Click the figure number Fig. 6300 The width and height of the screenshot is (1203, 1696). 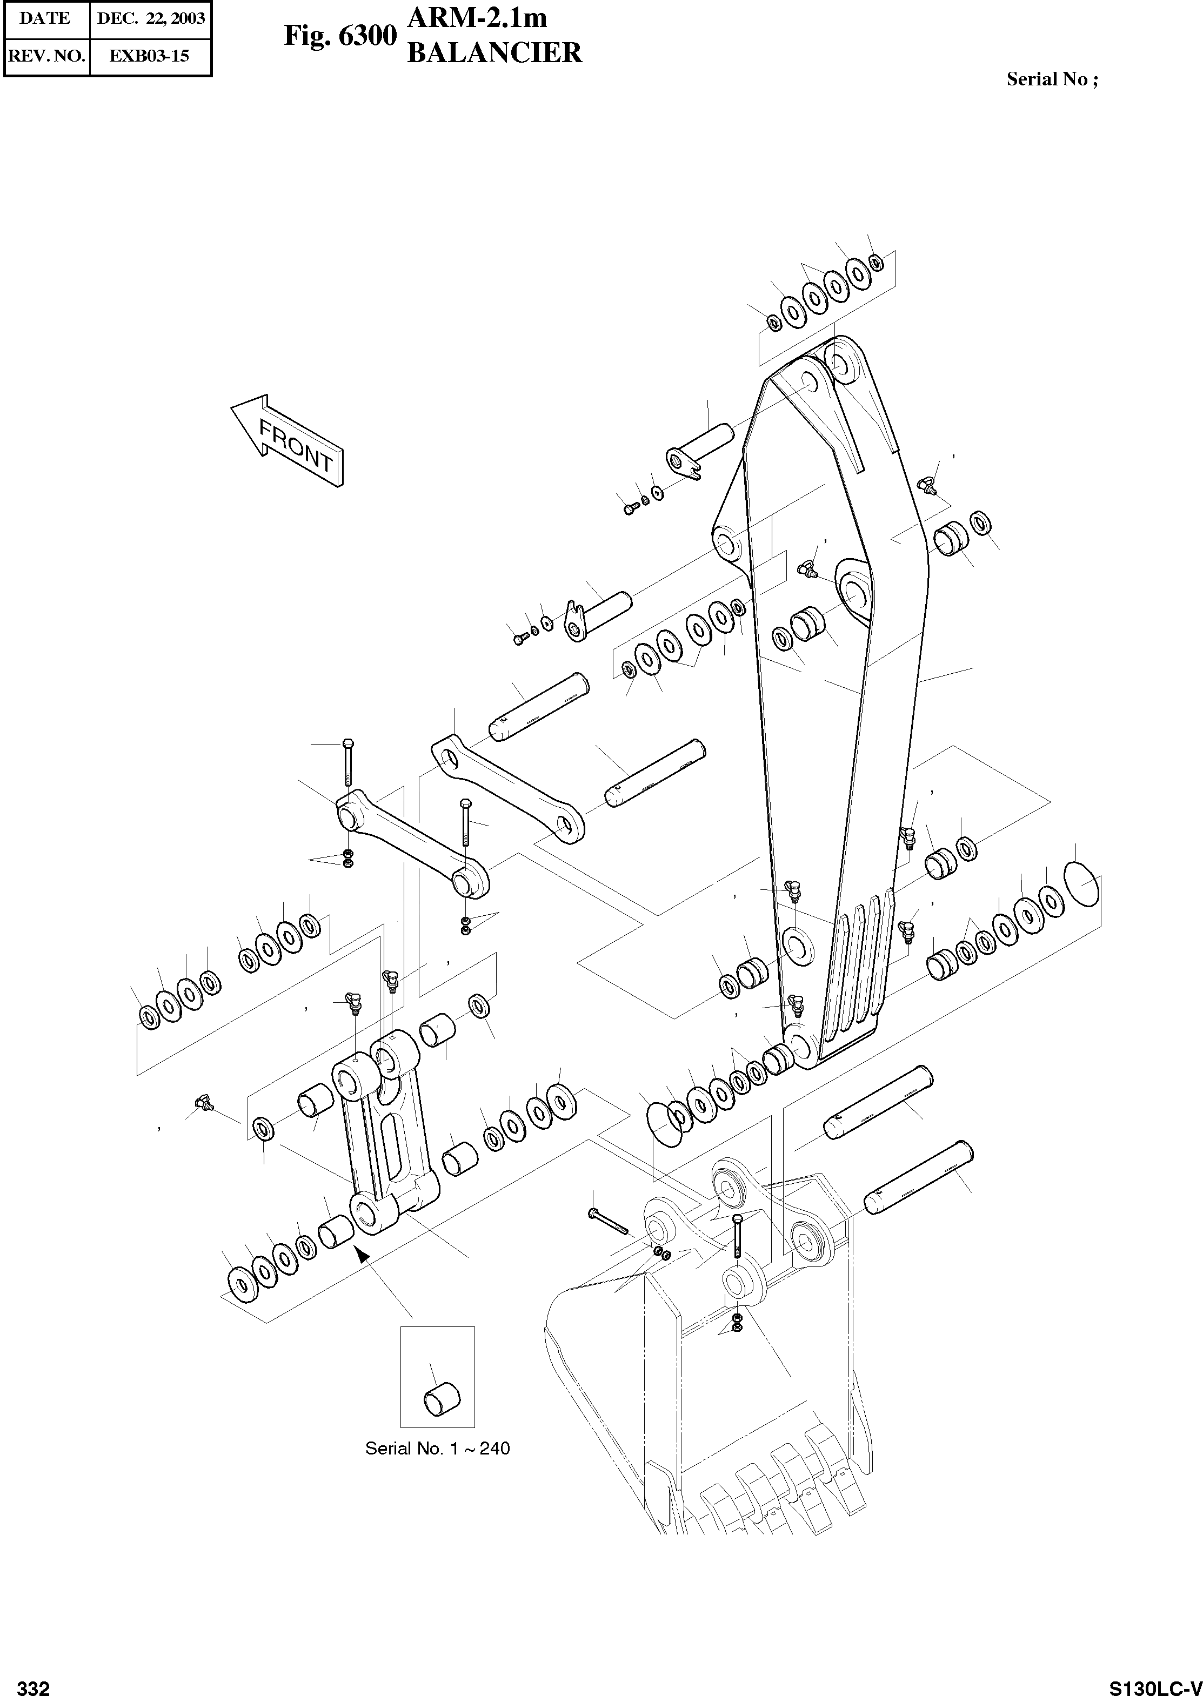coord(340,36)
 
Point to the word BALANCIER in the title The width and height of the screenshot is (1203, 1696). coord(495,53)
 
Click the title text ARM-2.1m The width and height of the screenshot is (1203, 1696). coord(478,18)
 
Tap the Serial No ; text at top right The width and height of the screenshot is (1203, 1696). coord(1052,79)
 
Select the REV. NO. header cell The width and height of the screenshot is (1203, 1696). coord(46,56)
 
